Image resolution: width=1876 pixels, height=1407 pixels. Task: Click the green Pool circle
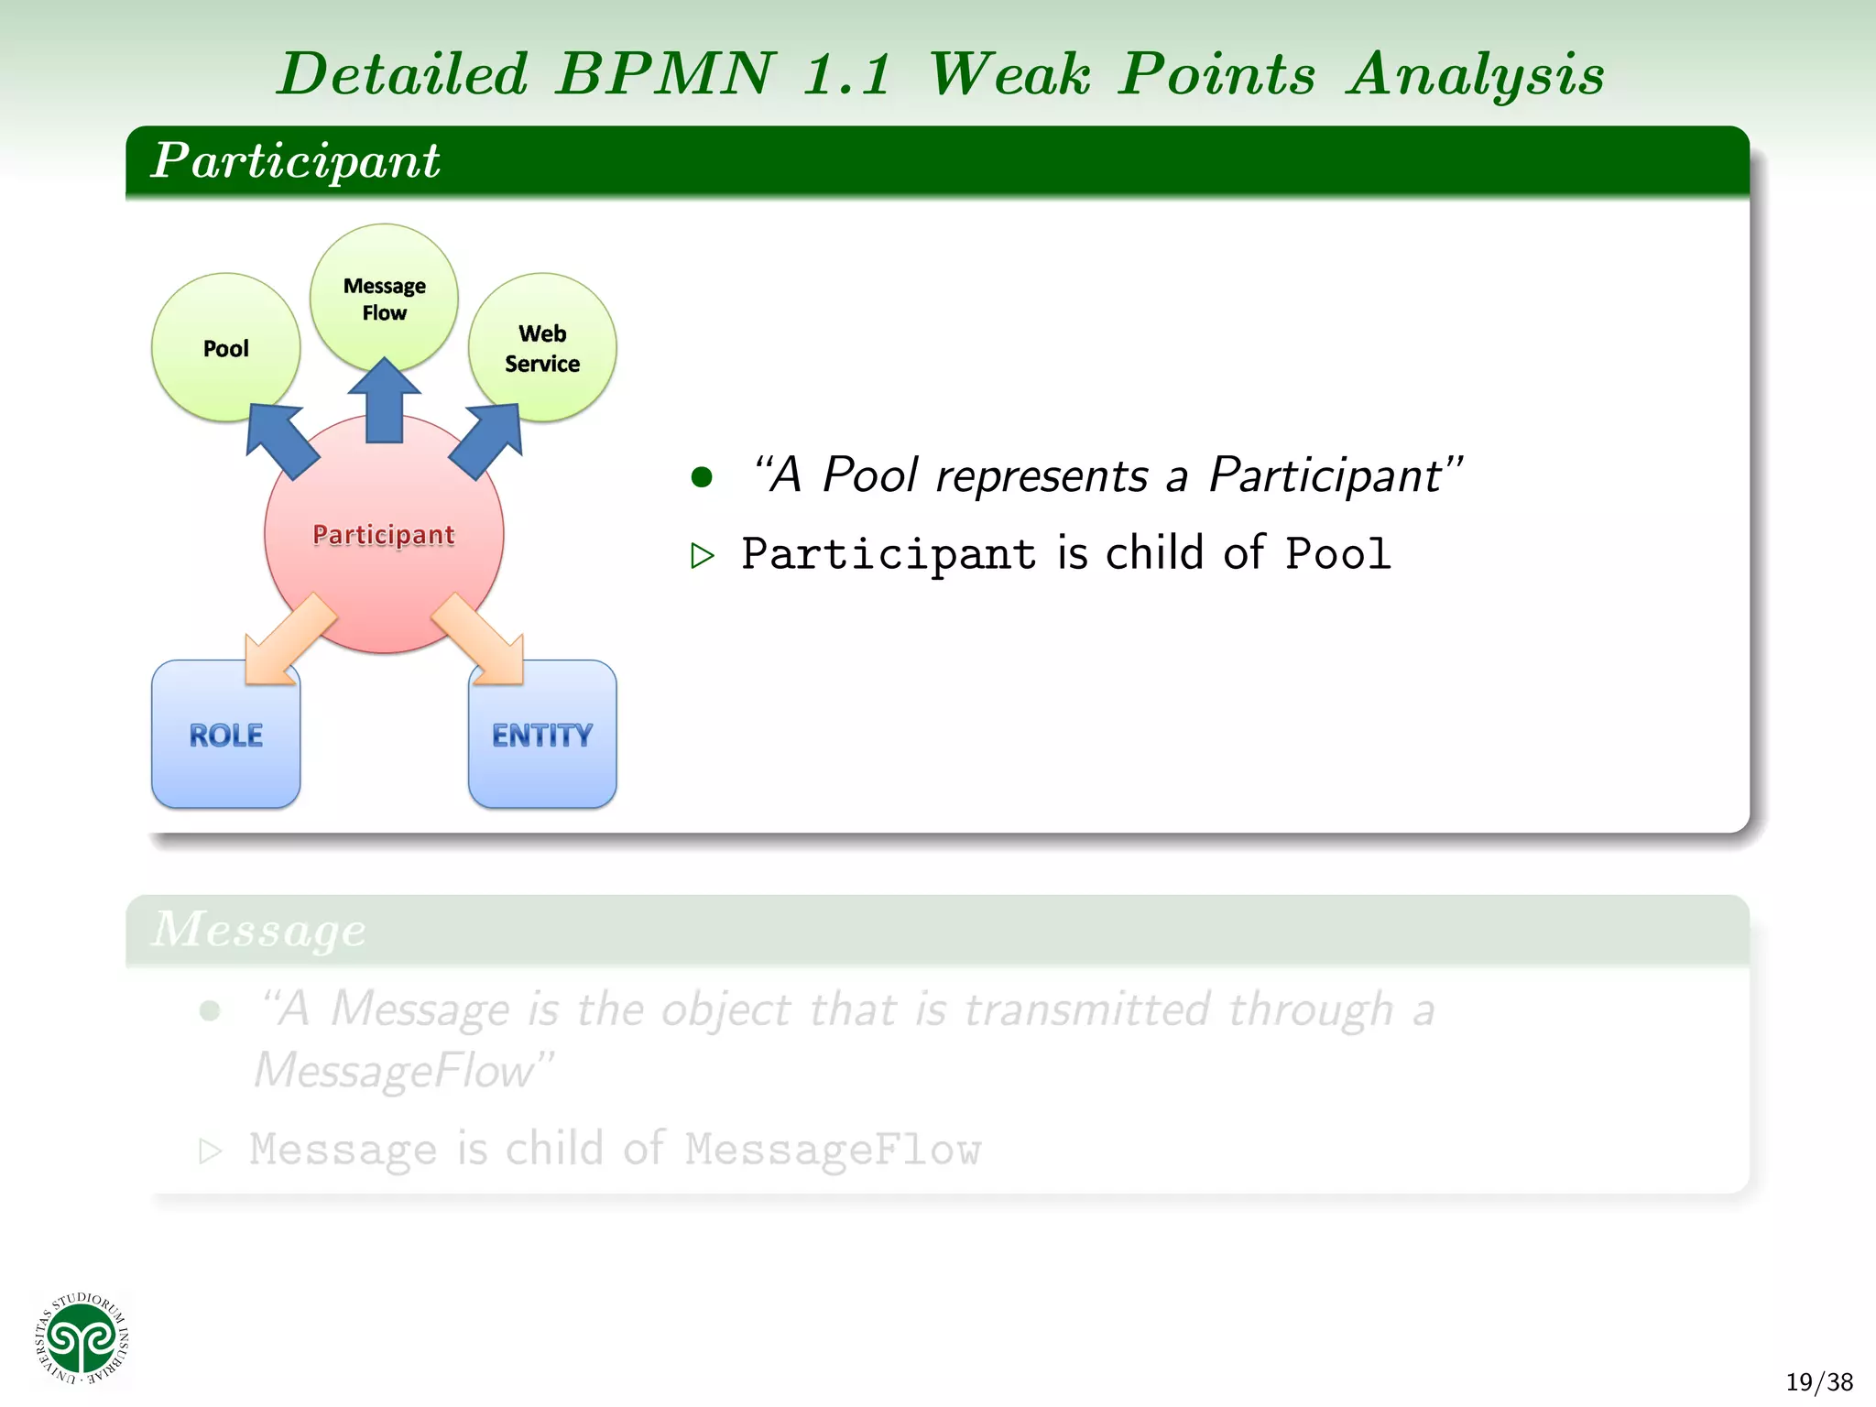click(225, 347)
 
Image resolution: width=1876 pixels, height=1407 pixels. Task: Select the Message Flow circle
click(384, 298)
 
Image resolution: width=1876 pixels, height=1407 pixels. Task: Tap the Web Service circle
click(542, 347)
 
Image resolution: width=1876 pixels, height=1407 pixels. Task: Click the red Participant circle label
click(384, 534)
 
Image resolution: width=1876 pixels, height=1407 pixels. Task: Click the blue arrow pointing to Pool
click(280, 440)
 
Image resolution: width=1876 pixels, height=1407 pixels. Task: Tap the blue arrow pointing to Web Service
click(489, 440)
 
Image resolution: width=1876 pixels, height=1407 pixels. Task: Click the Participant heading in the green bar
click(295, 160)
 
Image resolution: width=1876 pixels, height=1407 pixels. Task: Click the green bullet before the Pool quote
click(702, 476)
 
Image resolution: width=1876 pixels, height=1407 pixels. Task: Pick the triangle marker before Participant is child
click(702, 555)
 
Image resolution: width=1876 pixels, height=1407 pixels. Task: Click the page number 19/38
click(1818, 1381)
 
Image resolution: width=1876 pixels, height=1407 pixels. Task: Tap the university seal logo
click(82, 1339)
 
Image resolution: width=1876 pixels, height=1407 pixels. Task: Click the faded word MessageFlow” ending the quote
click(403, 1070)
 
